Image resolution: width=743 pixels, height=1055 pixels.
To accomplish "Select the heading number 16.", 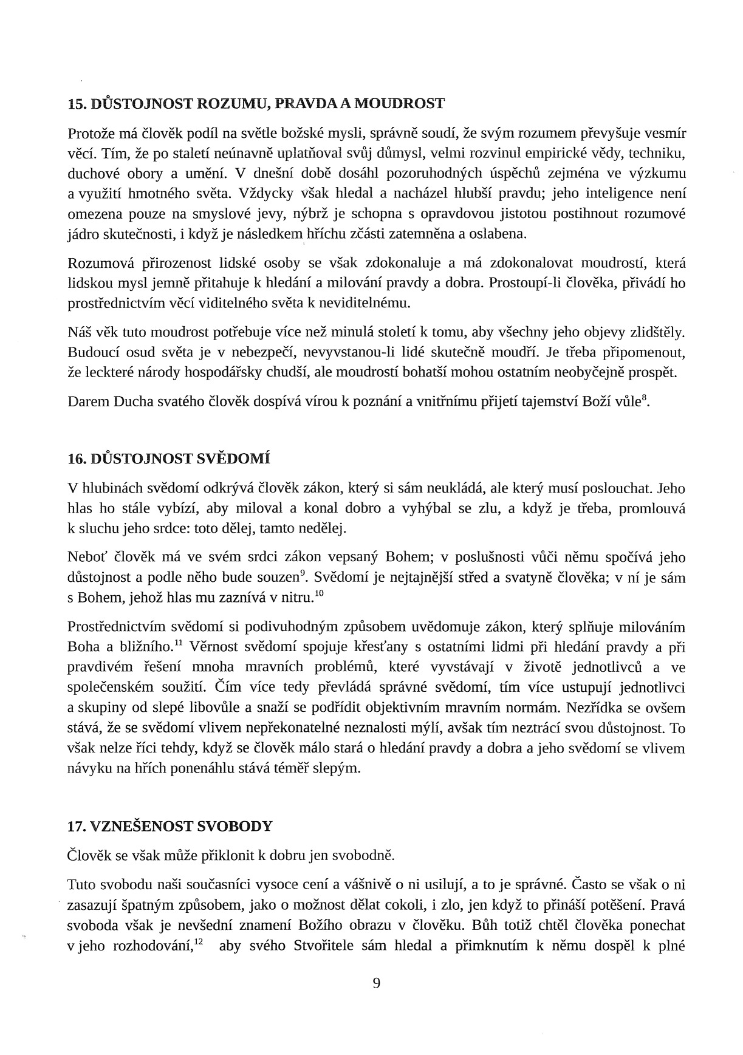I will pyautogui.click(x=76, y=459).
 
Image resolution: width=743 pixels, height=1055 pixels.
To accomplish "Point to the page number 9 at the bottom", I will pyautogui.click(x=377, y=983).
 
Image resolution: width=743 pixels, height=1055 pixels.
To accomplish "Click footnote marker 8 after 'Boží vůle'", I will pyautogui.click(x=645, y=397).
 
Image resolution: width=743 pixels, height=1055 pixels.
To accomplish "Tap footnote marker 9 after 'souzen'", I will pyautogui.click(x=303, y=572).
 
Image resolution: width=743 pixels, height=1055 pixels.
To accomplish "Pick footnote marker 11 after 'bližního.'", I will pyautogui.click(x=179, y=643).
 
